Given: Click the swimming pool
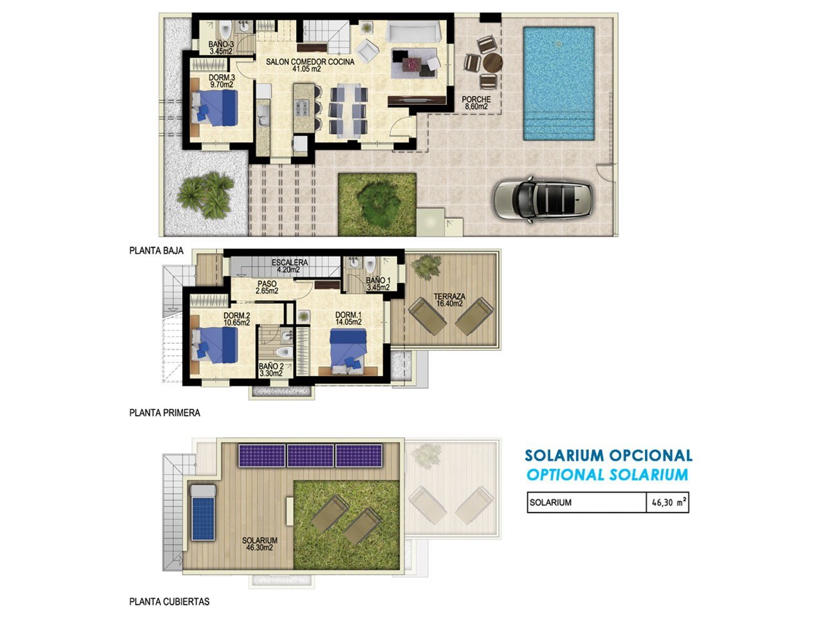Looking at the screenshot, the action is tap(559, 83).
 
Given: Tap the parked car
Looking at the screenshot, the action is tap(543, 199).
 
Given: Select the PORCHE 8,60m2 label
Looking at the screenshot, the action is tap(476, 103).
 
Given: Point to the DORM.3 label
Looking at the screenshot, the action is tap(221, 78).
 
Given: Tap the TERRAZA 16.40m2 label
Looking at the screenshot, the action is tap(449, 300).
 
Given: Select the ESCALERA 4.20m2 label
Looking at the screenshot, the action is tap(290, 266).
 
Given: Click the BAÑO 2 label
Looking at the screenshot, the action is tap(271, 366).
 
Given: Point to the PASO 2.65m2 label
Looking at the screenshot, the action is tap(267, 287).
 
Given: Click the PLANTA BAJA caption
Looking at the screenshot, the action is tap(156, 250).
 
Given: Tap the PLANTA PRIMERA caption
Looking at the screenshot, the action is tap(164, 413).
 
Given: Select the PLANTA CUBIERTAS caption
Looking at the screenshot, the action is tap(169, 601).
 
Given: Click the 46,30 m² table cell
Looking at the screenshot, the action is tap(667, 502).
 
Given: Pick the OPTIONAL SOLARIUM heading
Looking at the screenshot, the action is tap(607, 475).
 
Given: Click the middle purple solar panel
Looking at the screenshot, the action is tap(310, 456).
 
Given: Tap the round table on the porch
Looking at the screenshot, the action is tap(492, 62).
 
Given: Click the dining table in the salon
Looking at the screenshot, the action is tap(348, 110).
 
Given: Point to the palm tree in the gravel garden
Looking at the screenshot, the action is tap(206, 195).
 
